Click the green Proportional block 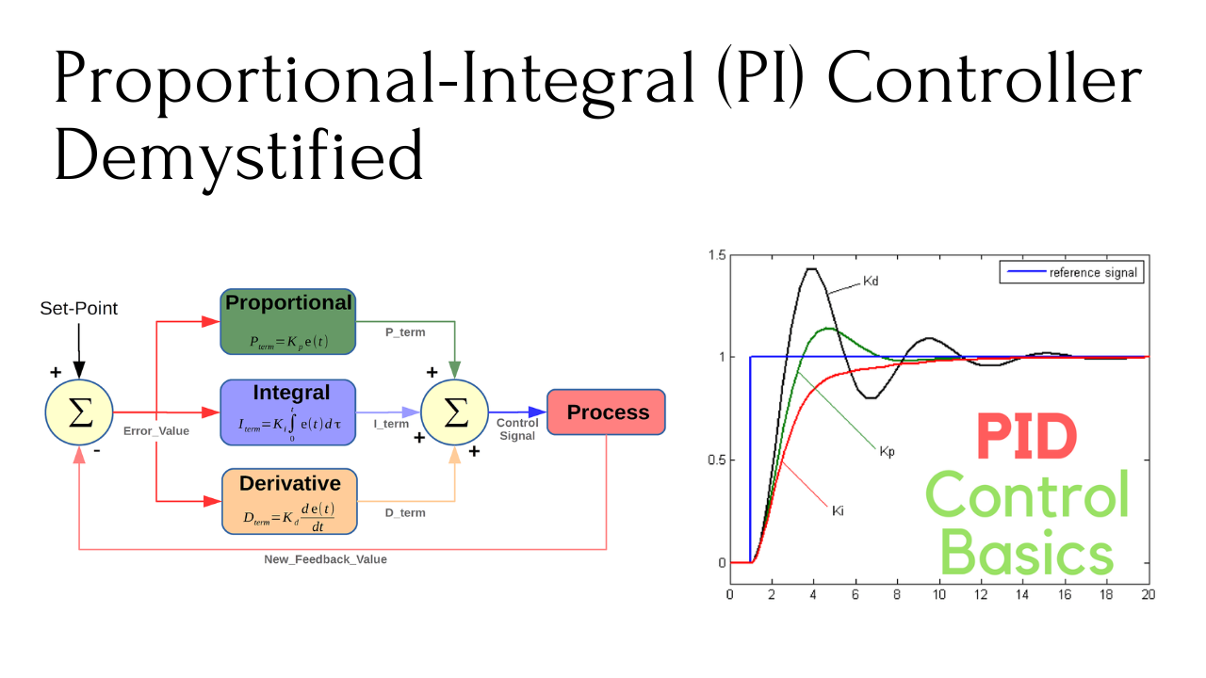(288, 322)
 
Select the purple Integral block (288, 412)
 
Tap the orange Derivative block (289, 502)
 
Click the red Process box (606, 412)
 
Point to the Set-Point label (78, 308)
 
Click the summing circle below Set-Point (79, 412)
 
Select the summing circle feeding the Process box (454, 412)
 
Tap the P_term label (405, 332)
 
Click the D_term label (405, 513)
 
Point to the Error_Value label (156, 431)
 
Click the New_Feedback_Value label (325, 559)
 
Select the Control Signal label (517, 429)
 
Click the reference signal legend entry (1072, 272)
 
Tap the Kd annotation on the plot (871, 281)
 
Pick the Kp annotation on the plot (887, 451)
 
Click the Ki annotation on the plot (838, 510)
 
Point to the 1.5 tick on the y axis (717, 255)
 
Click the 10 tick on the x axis (939, 594)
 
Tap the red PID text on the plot (1026, 436)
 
